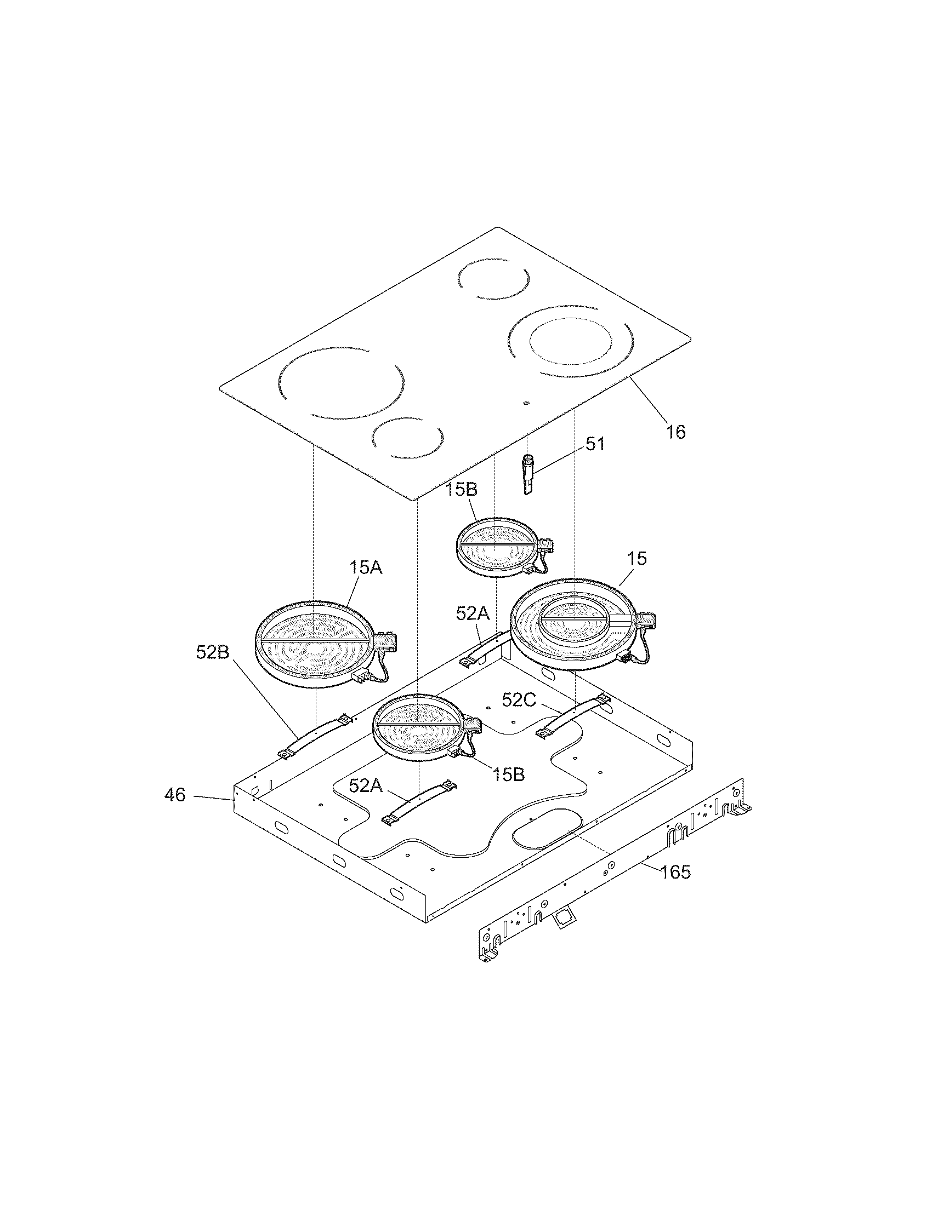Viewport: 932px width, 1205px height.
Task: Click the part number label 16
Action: click(x=675, y=432)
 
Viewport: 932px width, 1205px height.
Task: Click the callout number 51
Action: click(x=595, y=444)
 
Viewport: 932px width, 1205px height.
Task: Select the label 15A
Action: click(x=365, y=567)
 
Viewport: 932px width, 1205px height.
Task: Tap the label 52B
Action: click(x=212, y=652)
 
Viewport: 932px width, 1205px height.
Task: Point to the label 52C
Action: click(x=519, y=700)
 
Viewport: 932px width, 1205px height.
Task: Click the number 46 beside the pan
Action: click(x=175, y=795)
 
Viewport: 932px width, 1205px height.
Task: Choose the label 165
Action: click(x=675, y=872)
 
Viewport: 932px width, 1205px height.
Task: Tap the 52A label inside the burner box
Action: click(x=365, y=785)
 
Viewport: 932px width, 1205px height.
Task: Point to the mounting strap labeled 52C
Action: click(x=573, y=716)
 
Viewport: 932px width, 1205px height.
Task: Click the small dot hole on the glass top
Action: click(x=526, y=403)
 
